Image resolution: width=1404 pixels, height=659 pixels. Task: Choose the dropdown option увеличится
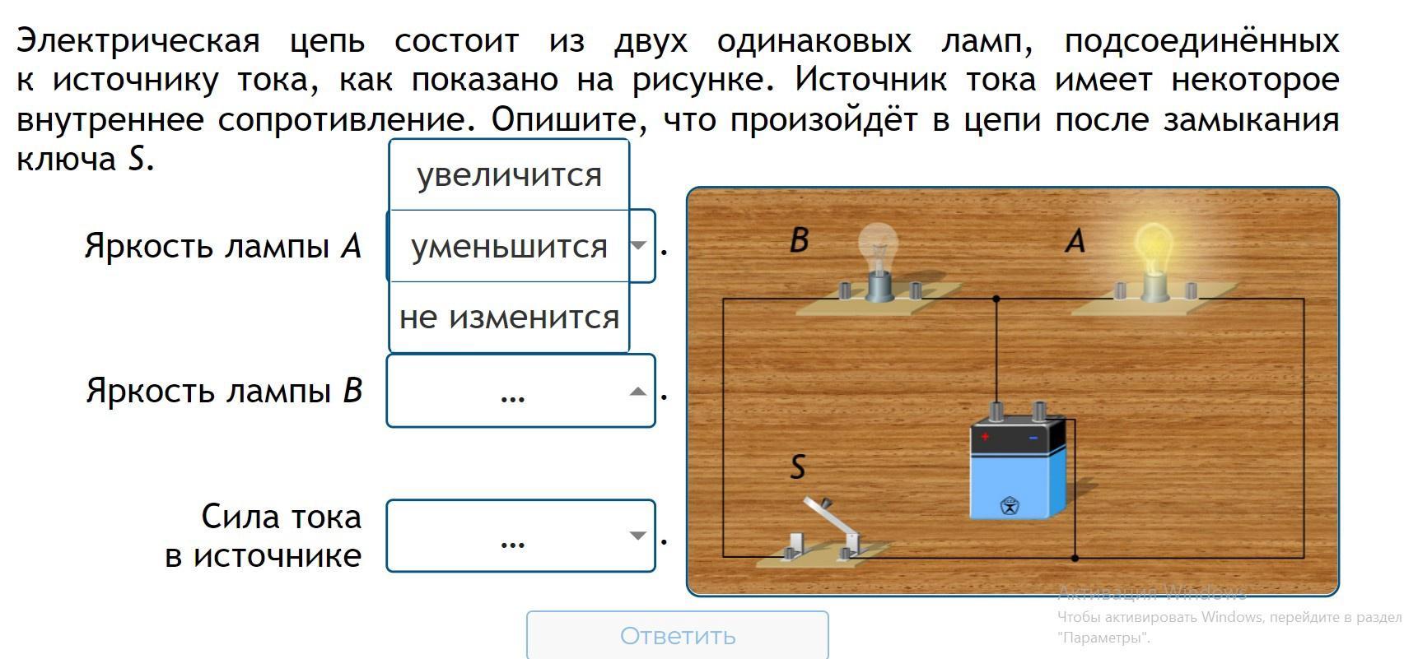(x=509, y=174)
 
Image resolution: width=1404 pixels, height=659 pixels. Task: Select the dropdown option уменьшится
(x=509, y=246)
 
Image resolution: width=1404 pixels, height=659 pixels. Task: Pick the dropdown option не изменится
(x=509, y=317)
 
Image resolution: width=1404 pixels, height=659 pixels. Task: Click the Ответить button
(x=677, y=635)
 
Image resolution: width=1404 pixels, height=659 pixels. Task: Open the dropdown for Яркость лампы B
(x=520, y=392)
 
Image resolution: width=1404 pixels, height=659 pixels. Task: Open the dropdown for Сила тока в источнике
(x=520, y=536)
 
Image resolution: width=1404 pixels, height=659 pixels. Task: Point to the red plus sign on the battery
(x=984, y=437)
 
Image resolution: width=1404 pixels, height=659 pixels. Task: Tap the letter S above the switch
(x=797, y=467)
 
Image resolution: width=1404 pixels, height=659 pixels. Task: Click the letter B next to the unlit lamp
(x=799, y=239)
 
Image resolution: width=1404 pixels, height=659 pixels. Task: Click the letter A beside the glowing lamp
(x=1075, y=240)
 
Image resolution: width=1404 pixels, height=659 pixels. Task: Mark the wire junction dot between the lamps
(x=996, y=299)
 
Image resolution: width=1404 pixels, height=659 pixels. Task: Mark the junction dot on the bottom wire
(x=1075, y=558)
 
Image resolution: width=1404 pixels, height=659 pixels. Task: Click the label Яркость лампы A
(x=222, y=246)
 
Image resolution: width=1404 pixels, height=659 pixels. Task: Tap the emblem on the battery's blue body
(x=1009, y=505)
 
